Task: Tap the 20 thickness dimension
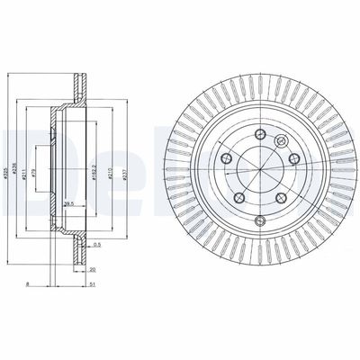(92, 268)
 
